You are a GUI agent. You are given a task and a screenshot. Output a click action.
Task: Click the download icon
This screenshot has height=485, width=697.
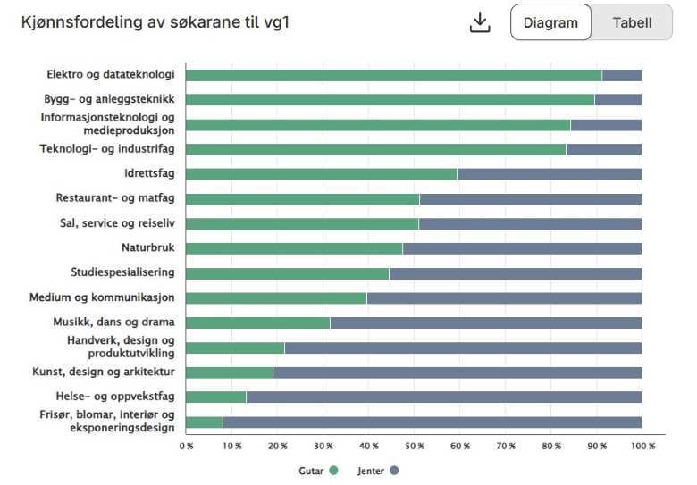(480, 22)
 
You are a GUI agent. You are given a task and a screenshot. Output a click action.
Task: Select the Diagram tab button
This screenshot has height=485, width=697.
(550, 22)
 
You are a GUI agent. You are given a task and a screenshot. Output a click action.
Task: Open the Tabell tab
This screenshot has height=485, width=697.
(632, 22)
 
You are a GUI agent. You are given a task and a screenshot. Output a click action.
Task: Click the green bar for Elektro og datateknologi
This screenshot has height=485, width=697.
(393, 75)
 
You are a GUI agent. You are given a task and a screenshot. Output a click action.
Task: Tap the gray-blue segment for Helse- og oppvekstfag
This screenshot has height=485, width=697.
(443, 397)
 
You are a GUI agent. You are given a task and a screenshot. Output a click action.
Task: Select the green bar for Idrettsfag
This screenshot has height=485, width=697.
(321, 174)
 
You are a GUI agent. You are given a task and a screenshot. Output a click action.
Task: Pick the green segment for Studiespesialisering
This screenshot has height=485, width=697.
(287, 273)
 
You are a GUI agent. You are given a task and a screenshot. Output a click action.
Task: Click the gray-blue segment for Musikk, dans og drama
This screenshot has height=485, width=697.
(485, 322)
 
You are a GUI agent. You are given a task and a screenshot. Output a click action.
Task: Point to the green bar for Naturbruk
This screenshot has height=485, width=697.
(294, 248)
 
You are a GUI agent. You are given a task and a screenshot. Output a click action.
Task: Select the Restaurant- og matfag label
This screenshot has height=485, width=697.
(114, 198)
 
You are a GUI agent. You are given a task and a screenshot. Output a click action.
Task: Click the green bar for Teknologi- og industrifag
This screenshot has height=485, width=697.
(375, 149)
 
